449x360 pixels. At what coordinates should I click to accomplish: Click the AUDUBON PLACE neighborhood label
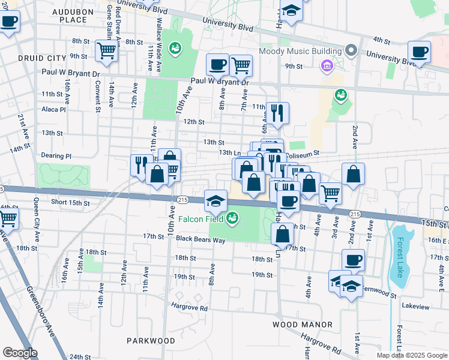(77, 16)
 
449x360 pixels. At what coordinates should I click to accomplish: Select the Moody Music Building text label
(301, 50)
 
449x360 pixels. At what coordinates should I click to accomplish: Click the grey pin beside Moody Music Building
(352, 50)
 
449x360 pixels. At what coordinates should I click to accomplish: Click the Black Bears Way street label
(200, 240)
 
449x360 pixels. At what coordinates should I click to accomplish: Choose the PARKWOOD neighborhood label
(151, 341)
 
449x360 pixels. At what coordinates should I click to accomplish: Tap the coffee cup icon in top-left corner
(9, 22)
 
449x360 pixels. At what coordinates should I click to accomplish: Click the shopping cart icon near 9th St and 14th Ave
(106, 50)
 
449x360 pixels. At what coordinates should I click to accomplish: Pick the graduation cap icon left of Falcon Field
(215, 200)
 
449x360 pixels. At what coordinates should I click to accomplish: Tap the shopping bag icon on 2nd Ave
(354, 174)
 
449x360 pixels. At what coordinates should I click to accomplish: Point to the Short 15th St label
(71, 203)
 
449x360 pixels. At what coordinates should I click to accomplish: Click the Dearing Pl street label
(56, 156)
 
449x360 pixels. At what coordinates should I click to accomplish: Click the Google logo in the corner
(20, 352)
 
